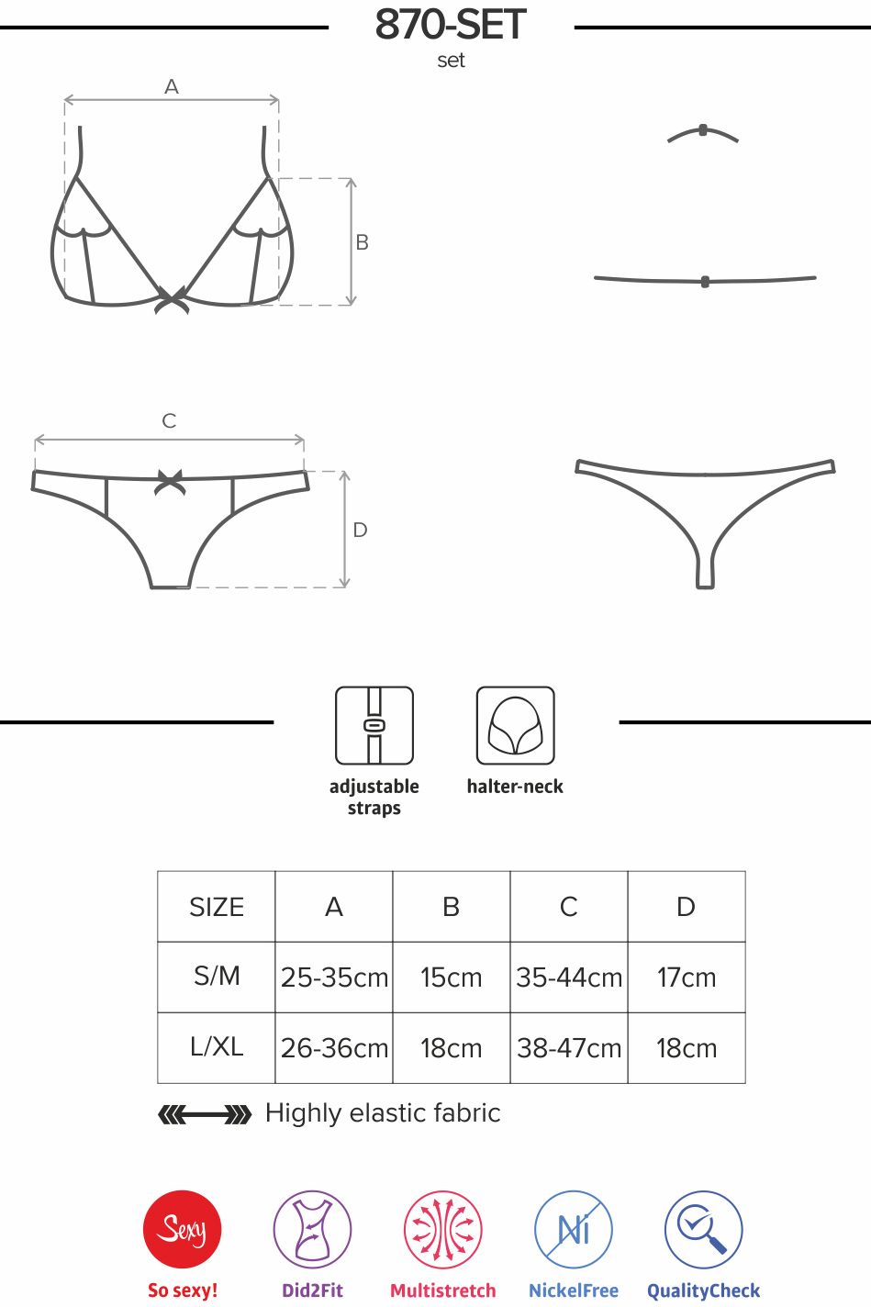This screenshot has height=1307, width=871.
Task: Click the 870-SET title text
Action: pos(451,25)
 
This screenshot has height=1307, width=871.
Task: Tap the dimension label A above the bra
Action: pos(171,87)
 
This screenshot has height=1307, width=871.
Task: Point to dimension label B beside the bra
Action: pos(362,242)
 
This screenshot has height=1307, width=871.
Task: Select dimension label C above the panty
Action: pos(169,420)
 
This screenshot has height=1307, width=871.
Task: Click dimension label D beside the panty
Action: pos(360,530)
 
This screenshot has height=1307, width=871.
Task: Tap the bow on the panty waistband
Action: pos(170,482)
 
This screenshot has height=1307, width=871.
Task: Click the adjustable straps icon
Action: pos(374,725)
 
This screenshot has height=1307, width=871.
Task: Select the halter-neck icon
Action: pos(515,725)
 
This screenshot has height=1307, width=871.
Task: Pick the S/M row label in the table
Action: pos(217,977)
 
